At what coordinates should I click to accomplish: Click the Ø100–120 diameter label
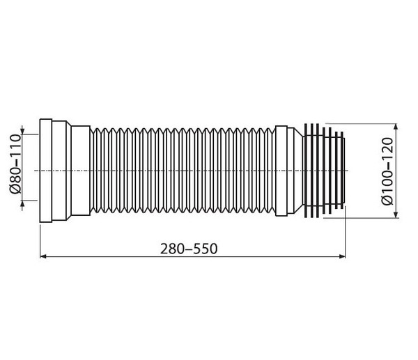[x=387, y=171]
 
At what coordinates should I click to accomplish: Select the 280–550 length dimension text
[x=189, y=249]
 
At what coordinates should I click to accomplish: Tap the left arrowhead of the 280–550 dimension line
[x=43, y=256]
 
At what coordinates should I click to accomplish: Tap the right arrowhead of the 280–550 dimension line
[x=342, y=256]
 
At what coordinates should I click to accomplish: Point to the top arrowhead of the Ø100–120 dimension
[x=396, y=127]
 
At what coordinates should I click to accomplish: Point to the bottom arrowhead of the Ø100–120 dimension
[x=396, y=214]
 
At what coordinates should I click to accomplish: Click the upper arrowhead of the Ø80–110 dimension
[x=22, y=131]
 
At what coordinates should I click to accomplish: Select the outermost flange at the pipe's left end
[x=46, y=171]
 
